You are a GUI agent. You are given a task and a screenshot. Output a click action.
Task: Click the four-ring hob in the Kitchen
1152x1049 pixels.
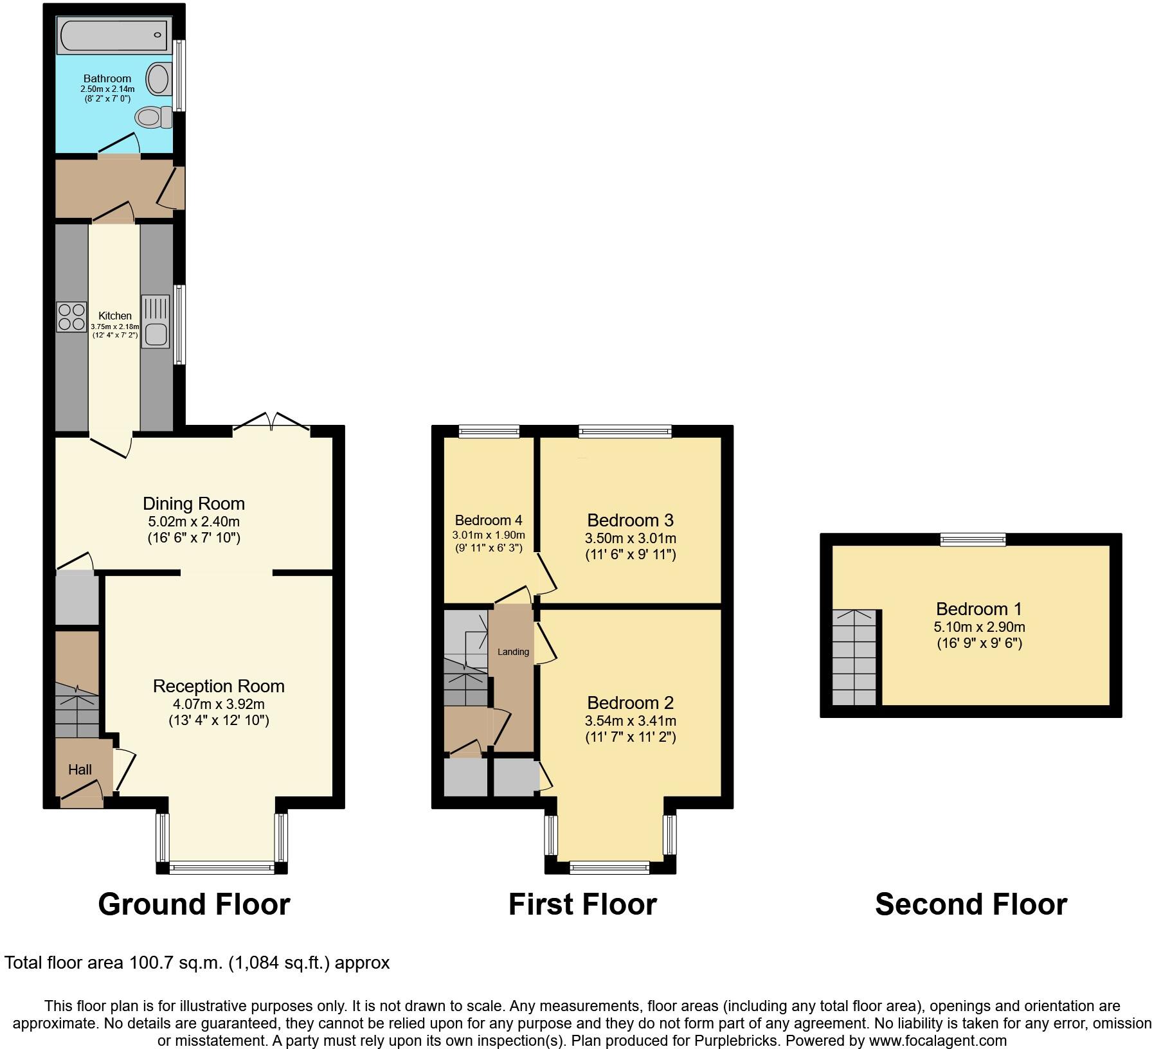[x=71, y=317]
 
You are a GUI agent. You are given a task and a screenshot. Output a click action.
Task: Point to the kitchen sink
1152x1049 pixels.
[x=155, y=321]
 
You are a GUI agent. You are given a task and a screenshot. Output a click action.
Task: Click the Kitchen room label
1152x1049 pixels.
[x=114, y=316]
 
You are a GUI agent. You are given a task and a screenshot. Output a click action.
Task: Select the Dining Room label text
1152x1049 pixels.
[x=194, y=503]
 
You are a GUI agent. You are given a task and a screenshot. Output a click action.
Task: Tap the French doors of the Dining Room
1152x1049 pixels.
[x=271, y=421]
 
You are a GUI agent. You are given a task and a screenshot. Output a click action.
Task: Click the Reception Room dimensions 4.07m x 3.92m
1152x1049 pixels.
[x=219, y=704]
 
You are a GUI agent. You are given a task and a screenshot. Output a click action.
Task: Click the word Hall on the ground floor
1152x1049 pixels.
[x=80, y=769]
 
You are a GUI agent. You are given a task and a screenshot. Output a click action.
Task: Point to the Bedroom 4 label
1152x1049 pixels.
[x=489, y=520]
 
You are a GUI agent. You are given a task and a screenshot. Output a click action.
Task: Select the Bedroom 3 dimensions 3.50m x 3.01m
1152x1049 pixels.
[x=630, y=538]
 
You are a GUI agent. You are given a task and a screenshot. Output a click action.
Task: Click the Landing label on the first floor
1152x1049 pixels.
[x=513, y=652]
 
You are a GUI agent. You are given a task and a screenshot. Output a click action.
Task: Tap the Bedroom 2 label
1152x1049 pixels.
[x=630, y=703]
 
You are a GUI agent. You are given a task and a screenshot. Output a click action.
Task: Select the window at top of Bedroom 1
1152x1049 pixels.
[x=973, y=539]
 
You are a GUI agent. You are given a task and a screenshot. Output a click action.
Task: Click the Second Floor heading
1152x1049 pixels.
[x=971, y=904]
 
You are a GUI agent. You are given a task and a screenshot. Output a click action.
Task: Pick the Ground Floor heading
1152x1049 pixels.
[x=194, y=904]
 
